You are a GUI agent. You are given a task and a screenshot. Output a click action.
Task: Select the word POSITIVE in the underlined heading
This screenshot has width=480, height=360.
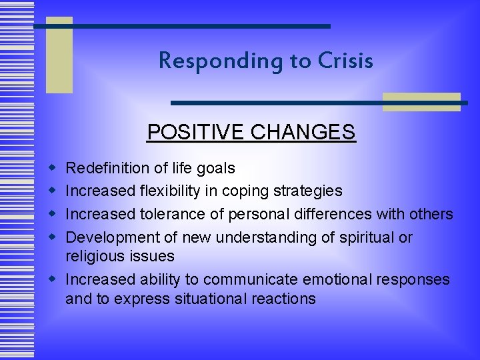196,132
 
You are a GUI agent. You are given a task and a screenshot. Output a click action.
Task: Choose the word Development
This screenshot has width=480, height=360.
111,237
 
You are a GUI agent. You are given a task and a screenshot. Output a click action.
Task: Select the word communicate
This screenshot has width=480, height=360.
254,279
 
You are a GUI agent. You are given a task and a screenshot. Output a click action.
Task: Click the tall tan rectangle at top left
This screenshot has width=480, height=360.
59,55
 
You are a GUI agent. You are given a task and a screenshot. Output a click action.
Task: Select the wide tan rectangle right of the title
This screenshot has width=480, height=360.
421,101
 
